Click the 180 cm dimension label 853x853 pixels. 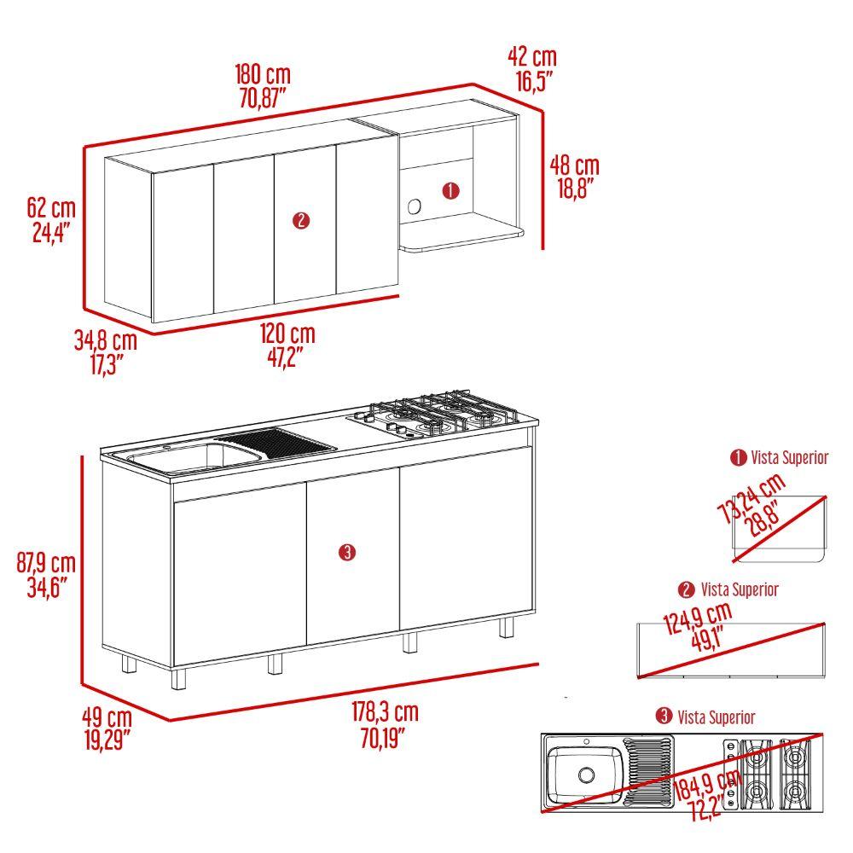(263, 74)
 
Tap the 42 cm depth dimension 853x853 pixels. (532, 56)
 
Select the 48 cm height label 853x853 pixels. (574, 165)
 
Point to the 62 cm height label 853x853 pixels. (51, 208)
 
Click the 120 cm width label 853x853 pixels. (287, 334)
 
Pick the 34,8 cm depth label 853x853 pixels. (106, 340)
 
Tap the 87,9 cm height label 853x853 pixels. (46, 562)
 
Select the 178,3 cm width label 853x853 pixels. (386, 711)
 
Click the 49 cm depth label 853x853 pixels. (107, 717)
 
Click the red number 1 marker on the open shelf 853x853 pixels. (451, 191)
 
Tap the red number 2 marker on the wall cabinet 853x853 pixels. (301, 220)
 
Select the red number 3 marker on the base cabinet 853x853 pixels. (347, 553)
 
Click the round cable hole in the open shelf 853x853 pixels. (414, 207)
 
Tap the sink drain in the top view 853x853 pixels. (586, 775)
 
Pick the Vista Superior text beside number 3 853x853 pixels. (716, 717)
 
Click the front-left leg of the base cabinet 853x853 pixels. (178, 679)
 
